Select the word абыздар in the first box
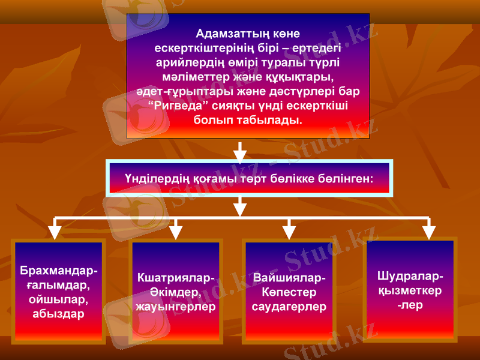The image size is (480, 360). [59, 313]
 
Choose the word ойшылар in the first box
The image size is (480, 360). [59, 299]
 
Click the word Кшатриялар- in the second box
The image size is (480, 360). [175, 278]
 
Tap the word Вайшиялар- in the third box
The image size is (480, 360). [290, 278]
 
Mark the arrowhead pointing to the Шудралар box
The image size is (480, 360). [428, 231]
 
